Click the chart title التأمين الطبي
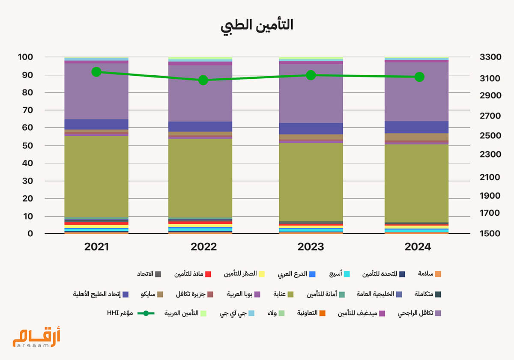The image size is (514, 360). point(257,25)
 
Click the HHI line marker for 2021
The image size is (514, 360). point(96,71)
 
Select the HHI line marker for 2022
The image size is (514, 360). point(203,80)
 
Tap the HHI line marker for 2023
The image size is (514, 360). point(311,75)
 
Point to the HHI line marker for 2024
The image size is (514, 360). point(419,77)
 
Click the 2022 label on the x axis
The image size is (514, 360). point(203,247)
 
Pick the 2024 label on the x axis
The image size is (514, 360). point(418,247)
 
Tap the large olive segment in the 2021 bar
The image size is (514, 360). point(96,176)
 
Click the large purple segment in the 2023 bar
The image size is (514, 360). point(311,93)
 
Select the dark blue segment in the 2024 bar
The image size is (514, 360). point(416,127)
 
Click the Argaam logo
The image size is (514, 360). point(36,337)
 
